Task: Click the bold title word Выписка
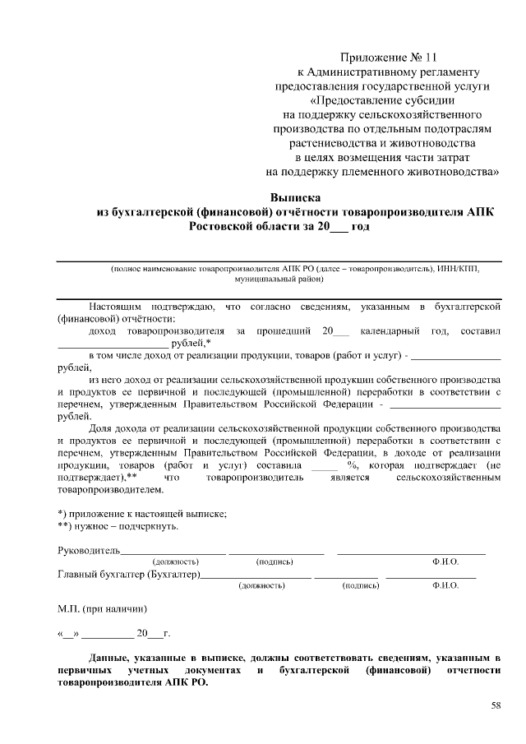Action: pyautogui.click(x=295, y=197)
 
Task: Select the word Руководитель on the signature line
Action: pyautogui.click(x=89, y=549)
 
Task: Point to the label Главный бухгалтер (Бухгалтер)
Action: pyautogui.click(x=128, y=574)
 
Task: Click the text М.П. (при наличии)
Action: pyautogui.click(x=102, y=610)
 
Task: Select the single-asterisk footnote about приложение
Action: pyautogui.click(x=141, y=513)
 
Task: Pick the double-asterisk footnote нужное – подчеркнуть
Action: pyautogui.click(x=118, y=525)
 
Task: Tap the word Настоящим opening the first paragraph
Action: pyautogui.click(x=117, y=307)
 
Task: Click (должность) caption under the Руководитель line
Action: pyautogui.click(x=176, y=561)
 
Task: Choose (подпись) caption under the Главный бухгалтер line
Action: pyautogui.click(x=360, y=586)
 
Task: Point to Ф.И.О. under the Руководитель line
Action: pyautogui.click(x=445, y=561)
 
